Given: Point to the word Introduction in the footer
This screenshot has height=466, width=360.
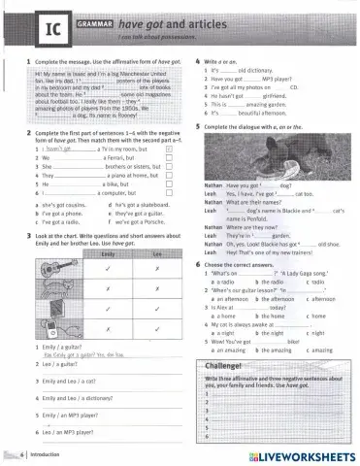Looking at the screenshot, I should (x=49, y=453).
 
